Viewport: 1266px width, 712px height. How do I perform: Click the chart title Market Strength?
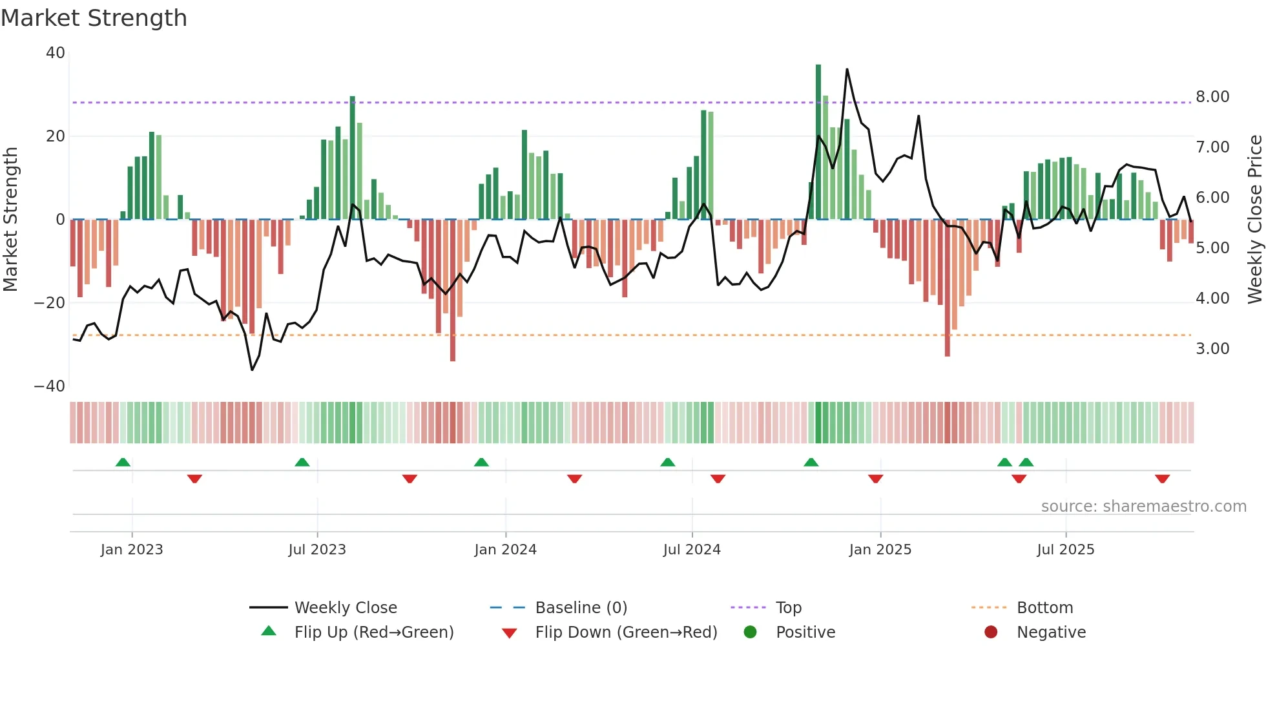94,18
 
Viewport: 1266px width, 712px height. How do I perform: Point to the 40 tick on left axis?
56,53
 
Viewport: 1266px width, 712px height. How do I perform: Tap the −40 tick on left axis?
50,386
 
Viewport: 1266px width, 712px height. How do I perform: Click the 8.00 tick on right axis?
1212,97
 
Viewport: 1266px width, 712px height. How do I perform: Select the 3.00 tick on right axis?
1212,349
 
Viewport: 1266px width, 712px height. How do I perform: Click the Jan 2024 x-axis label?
505,550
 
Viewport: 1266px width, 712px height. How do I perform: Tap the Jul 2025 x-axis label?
1065,550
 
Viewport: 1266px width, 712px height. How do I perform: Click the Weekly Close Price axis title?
1254,220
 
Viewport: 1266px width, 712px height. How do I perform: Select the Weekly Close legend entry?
345,608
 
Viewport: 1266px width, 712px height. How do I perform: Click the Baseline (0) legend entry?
581,608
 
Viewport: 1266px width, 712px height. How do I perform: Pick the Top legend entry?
788,608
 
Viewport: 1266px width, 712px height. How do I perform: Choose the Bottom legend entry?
1044,608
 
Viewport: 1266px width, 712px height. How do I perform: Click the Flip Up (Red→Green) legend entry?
373,633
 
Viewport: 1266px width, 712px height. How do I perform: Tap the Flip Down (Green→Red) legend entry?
625,633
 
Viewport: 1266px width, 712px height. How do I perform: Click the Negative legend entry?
1051,633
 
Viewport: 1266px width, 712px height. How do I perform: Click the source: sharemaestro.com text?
1143,507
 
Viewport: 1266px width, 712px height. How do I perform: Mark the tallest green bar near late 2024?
818,142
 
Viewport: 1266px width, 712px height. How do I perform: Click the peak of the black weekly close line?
847,69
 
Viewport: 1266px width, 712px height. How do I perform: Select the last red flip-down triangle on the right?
1162,479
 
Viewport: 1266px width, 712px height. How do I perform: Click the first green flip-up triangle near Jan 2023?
123,462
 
